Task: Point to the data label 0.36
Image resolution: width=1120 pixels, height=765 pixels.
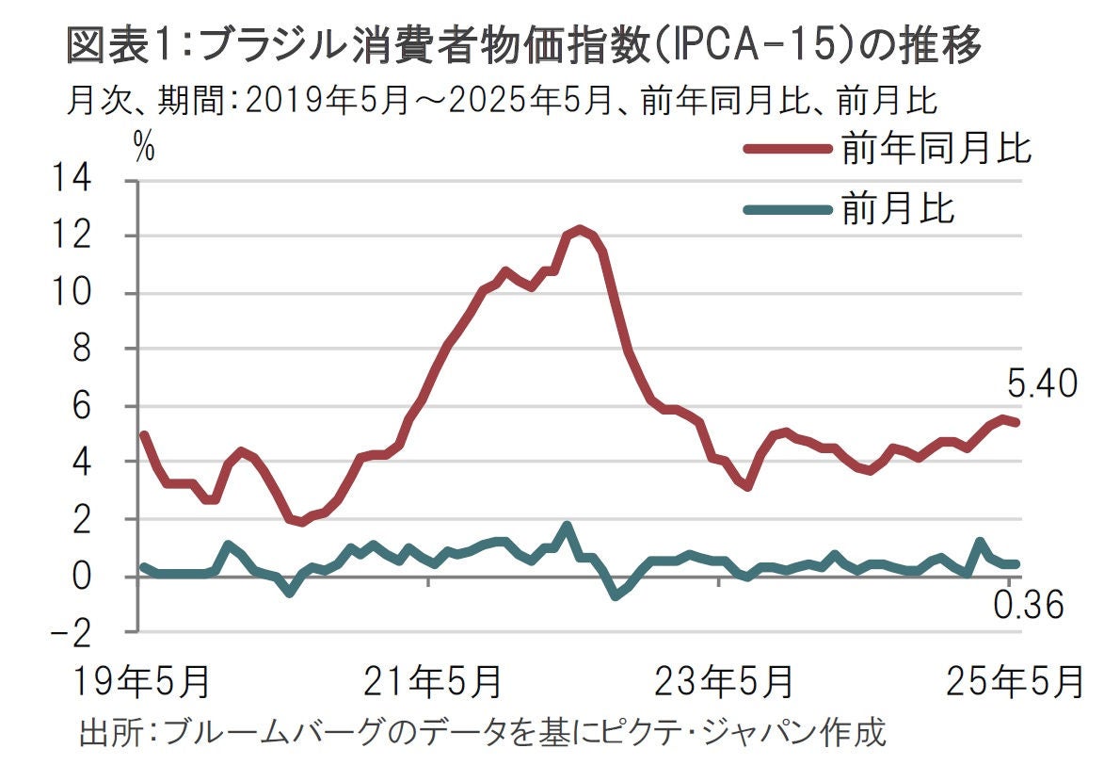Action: tap(1030, 607)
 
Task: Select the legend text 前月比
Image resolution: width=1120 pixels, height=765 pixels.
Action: tap(898, 208)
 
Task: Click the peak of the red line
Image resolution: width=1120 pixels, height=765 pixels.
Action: tap(580, 229)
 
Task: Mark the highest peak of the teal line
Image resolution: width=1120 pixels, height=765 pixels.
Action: tap(567, 526)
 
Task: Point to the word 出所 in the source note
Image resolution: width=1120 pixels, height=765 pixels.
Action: tap(103, 732)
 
